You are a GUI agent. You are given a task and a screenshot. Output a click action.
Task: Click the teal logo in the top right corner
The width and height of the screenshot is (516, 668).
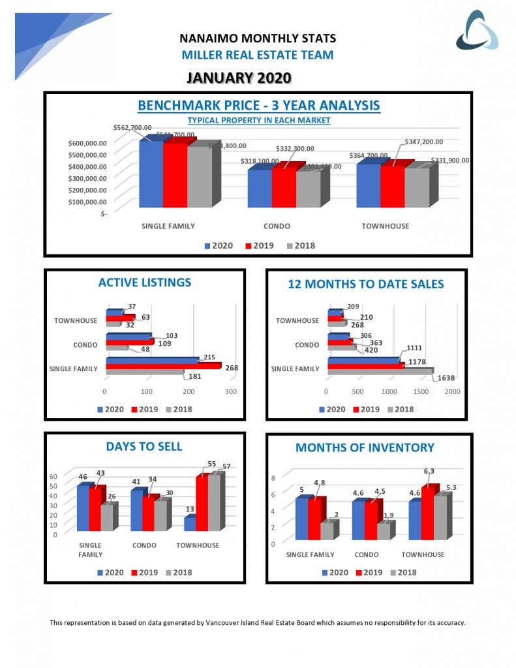click(476, 31)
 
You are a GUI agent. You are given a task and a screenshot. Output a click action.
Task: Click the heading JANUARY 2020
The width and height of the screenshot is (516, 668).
click(238, 78)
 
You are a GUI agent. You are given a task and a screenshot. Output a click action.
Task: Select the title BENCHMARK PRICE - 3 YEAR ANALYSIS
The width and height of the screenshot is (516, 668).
click(259, 106)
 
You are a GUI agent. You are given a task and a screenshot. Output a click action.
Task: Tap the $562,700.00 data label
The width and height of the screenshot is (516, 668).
click(132, 128)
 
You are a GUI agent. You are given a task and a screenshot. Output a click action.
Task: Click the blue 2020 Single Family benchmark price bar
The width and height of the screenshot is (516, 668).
click(151, 174)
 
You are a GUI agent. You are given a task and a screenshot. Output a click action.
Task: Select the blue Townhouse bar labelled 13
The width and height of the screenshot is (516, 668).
click(189, 524)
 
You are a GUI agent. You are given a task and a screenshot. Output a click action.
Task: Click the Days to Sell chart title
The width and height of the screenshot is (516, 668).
click(144, 446)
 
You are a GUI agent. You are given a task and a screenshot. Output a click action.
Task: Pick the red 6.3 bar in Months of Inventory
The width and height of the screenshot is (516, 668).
click(427, 513)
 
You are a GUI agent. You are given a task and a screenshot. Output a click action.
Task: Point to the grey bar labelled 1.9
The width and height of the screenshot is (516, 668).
click(384, 531)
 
